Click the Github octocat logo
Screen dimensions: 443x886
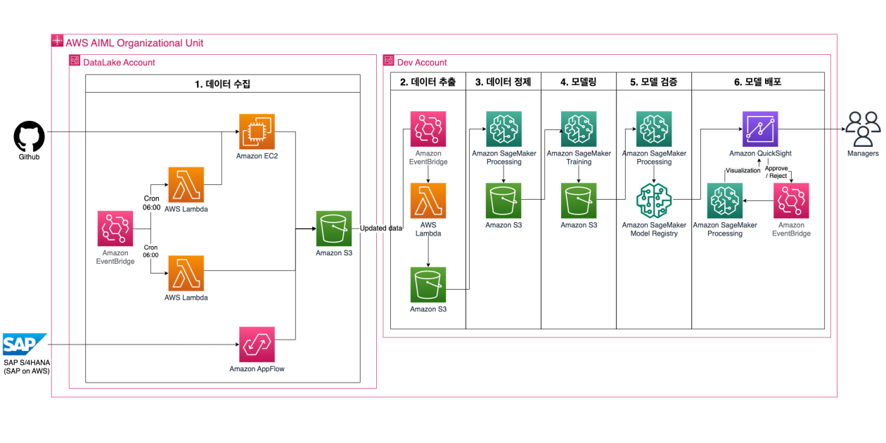(29, 136)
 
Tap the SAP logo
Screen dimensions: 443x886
(25, 345)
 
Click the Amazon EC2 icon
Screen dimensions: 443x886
(257, 131)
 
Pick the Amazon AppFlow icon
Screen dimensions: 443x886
(257, 344)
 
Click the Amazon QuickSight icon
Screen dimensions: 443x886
(760, 129)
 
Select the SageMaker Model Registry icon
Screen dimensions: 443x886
(654, 200)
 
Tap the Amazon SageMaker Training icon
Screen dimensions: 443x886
(579, 129)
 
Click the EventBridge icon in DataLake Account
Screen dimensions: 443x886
(115, 229)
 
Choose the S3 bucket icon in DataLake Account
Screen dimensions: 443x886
(334, 229)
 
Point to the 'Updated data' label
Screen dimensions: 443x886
(382, 229)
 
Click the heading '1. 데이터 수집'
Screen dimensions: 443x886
(223, 84)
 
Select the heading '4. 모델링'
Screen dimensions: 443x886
(578, 82)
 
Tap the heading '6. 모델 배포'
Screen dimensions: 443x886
(757, 82)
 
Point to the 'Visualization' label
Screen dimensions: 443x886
(743, 170)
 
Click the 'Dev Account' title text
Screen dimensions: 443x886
(422, 63)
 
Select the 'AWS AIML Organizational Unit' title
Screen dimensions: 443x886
(134, 43)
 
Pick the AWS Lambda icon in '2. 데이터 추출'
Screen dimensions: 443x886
(428, 201)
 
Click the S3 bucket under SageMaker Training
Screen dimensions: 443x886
(579, 200)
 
